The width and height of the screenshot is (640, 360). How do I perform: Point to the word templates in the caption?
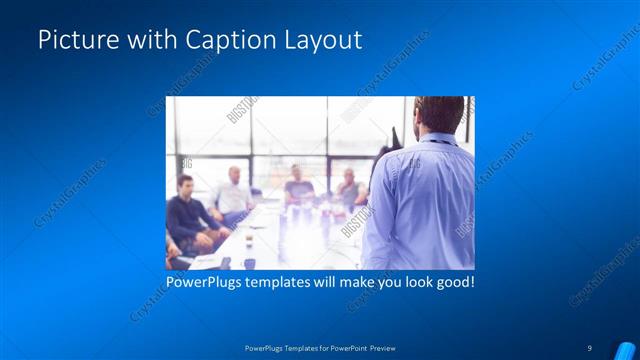click(292, 283)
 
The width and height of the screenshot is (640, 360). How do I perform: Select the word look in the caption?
click(411, 283)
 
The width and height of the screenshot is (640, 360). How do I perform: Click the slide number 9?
click(590, 347)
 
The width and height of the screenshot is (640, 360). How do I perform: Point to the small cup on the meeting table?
click(247, 263)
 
